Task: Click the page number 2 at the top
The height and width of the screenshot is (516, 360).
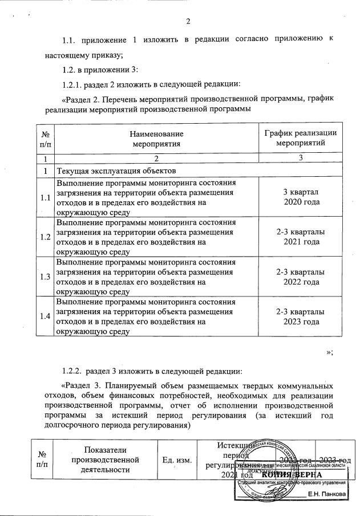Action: click(x=188, y=22)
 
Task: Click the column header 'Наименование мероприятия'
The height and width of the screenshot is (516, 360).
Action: click(x=156, y=139)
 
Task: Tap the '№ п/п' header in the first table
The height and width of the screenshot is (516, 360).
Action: click(x=45, y=139)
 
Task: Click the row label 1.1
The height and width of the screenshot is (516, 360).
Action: click(x=45, y=198)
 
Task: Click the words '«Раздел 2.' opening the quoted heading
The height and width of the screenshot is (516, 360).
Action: click(x=80, y=99)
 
